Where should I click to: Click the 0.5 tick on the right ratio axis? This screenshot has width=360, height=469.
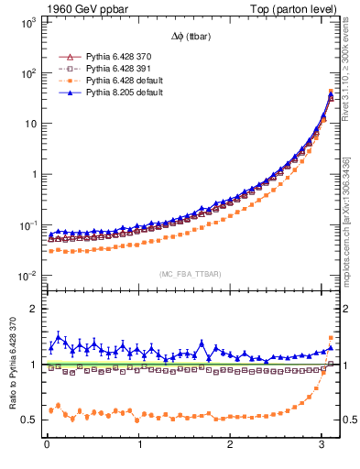coord(350,420)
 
